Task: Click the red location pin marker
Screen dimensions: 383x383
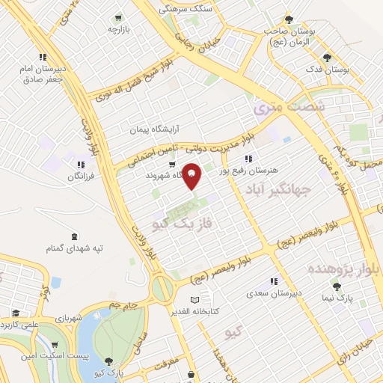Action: pos(192,176)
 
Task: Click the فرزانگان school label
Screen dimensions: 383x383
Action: pos(82,177)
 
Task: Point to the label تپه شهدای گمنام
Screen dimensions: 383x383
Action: pos(75,248)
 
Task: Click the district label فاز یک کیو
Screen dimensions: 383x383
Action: pos(177,223)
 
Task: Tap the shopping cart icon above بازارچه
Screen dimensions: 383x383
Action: pos(118,18)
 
